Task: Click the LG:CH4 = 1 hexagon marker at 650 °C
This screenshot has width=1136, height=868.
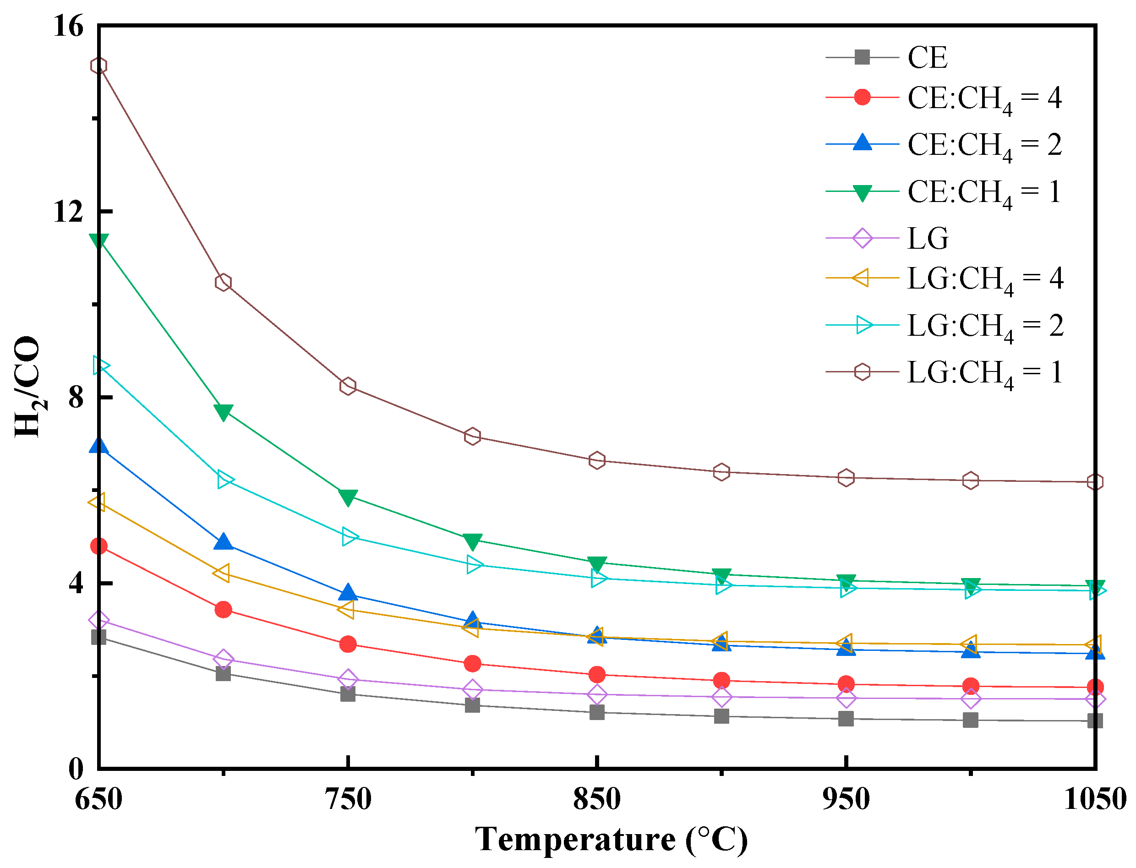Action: tap(98, 66)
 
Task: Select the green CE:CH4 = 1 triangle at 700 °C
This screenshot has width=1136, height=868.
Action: tap(223, 412)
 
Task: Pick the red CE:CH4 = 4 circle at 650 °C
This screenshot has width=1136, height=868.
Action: tap(98, 546)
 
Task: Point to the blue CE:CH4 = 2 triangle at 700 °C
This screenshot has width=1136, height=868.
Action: tap(223, 542)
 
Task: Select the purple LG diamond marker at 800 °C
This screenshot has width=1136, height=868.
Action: tap(472, 689)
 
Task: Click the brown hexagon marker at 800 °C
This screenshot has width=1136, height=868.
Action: tap(472, 437)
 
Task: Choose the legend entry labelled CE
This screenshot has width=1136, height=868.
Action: tap(927, 57)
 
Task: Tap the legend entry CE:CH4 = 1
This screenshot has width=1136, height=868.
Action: tap(983, 193)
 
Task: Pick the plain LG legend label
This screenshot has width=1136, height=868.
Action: tap(927, 239)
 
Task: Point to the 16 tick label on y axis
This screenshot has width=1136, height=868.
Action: tap(68, 26)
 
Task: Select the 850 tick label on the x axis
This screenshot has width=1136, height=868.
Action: tap(597, 799)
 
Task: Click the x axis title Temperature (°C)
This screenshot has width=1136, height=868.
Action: tap(611, 840)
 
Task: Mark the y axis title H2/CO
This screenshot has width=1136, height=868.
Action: tap(28, 387)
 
